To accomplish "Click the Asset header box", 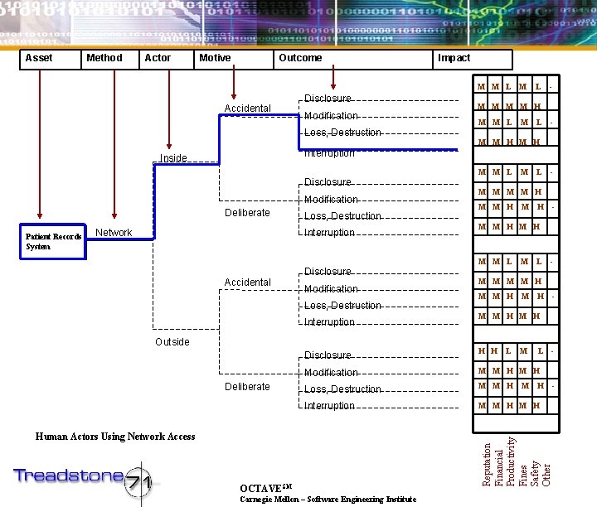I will pos(51,59).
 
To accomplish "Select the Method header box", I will pos(109,59).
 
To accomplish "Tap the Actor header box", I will pos(167,59).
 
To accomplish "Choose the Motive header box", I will pos(234,59).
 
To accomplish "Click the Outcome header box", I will pos(355,59).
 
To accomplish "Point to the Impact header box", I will pos(473,59).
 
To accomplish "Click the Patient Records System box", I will pos(53,241).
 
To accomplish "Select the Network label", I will pos(114,233).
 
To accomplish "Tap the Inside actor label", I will pos(173,157).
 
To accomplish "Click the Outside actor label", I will pos(172,342).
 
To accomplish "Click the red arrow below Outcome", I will pos(332,80).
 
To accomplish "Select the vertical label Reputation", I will pos(487,464).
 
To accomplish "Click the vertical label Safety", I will pos(535,471).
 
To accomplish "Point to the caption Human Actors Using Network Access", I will pos(115,437).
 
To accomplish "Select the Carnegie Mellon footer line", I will pos(328,500).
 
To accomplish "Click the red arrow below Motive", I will pos(234,84).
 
